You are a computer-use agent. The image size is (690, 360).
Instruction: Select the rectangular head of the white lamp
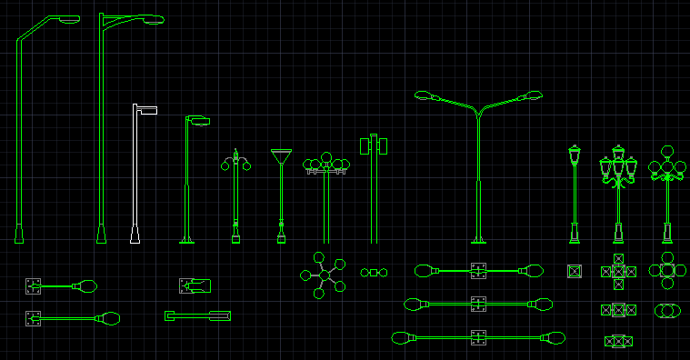coord(146,110)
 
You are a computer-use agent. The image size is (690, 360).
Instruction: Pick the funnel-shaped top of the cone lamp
coord(282,156)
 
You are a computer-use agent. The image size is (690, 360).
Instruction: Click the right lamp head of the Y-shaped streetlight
coord(531,95)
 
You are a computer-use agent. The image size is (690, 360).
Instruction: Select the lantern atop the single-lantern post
coord(574,155)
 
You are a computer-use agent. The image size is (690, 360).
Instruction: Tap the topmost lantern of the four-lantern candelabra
coord(619,149)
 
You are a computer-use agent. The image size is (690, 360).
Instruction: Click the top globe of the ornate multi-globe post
coord(667,151)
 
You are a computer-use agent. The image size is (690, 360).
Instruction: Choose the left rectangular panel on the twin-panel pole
coord(365,145)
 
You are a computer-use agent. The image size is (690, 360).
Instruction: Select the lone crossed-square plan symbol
coord(574,271)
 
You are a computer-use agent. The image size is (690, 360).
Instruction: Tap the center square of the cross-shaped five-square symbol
coord(618,271)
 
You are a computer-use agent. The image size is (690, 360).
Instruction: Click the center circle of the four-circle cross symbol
coord(667,270)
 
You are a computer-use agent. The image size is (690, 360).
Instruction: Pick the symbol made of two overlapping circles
coord(667,311)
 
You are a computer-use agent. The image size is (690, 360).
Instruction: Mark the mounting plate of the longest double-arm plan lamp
coord(478,338)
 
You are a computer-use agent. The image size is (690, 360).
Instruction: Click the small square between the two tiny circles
coord(373,272)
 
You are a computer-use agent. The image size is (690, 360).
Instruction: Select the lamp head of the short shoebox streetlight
coord(198,120)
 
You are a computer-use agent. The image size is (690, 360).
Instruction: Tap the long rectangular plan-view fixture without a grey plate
coord(196,315)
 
